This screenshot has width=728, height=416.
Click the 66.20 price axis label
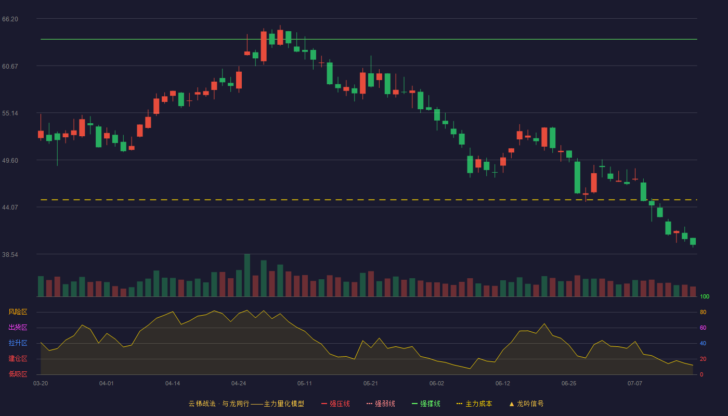pos(10,19)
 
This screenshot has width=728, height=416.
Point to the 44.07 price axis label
pos(10,207)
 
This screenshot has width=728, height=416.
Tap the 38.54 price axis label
pos(10,254)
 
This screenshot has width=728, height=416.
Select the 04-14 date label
pos(173,384)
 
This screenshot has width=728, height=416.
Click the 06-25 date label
pos(569,384)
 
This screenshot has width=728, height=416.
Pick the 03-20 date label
pos(41,384)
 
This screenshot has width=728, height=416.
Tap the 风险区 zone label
pos(18,312)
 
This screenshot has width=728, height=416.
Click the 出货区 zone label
pos(18,327)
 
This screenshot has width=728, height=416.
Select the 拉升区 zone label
pos(18,343)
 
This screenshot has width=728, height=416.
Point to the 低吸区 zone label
pos(18,374)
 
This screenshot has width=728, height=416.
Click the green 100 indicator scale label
pos(705,296)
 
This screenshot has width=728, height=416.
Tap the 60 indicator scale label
pos(703,328)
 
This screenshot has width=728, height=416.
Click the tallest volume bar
pos(247,275)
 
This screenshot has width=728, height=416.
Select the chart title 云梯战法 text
pos(202,404)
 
